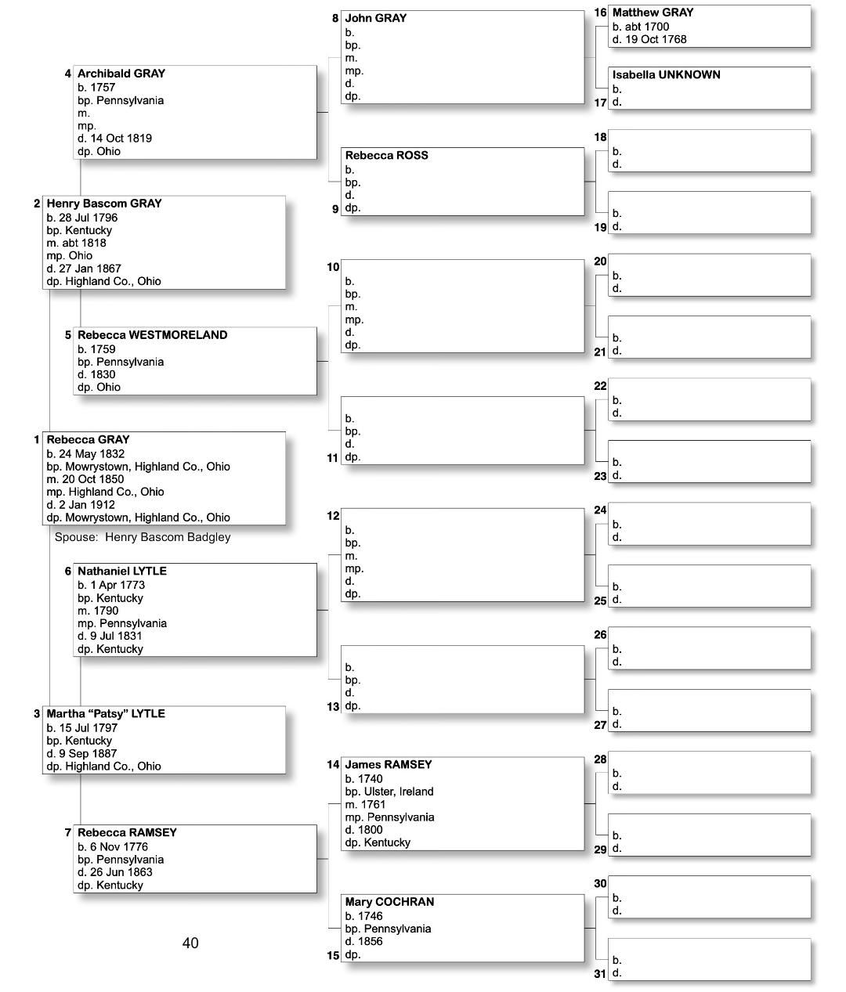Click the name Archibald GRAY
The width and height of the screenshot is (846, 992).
click(x=121, y=74)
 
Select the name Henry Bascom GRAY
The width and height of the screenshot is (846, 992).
click(x=103, y=204)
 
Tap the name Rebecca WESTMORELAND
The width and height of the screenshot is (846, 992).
click(x=152, y=335)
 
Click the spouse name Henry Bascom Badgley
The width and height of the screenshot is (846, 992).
click(x=168, y=537)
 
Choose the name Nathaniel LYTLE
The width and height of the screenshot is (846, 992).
click(x=121, y=572)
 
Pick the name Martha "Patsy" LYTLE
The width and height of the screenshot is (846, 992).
click(x=106, y=714)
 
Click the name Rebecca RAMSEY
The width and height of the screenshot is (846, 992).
click(x=127, y=833)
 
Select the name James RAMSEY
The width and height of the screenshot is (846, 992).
click(x=389, y=765)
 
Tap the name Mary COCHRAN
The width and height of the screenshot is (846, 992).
click(x=389, y=902)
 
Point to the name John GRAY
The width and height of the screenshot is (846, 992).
click(x=376, y=18)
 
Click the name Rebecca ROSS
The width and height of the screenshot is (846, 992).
click(x=387, y=156)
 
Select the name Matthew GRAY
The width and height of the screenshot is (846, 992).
click(x=653, y=13)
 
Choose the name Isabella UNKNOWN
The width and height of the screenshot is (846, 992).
click(x=666, y=75)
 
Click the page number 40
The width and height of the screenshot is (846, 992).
click(x=190, y=943)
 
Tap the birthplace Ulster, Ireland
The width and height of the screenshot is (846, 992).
click(x=399, y=792)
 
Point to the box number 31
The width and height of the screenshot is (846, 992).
click(x=600, y=974)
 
